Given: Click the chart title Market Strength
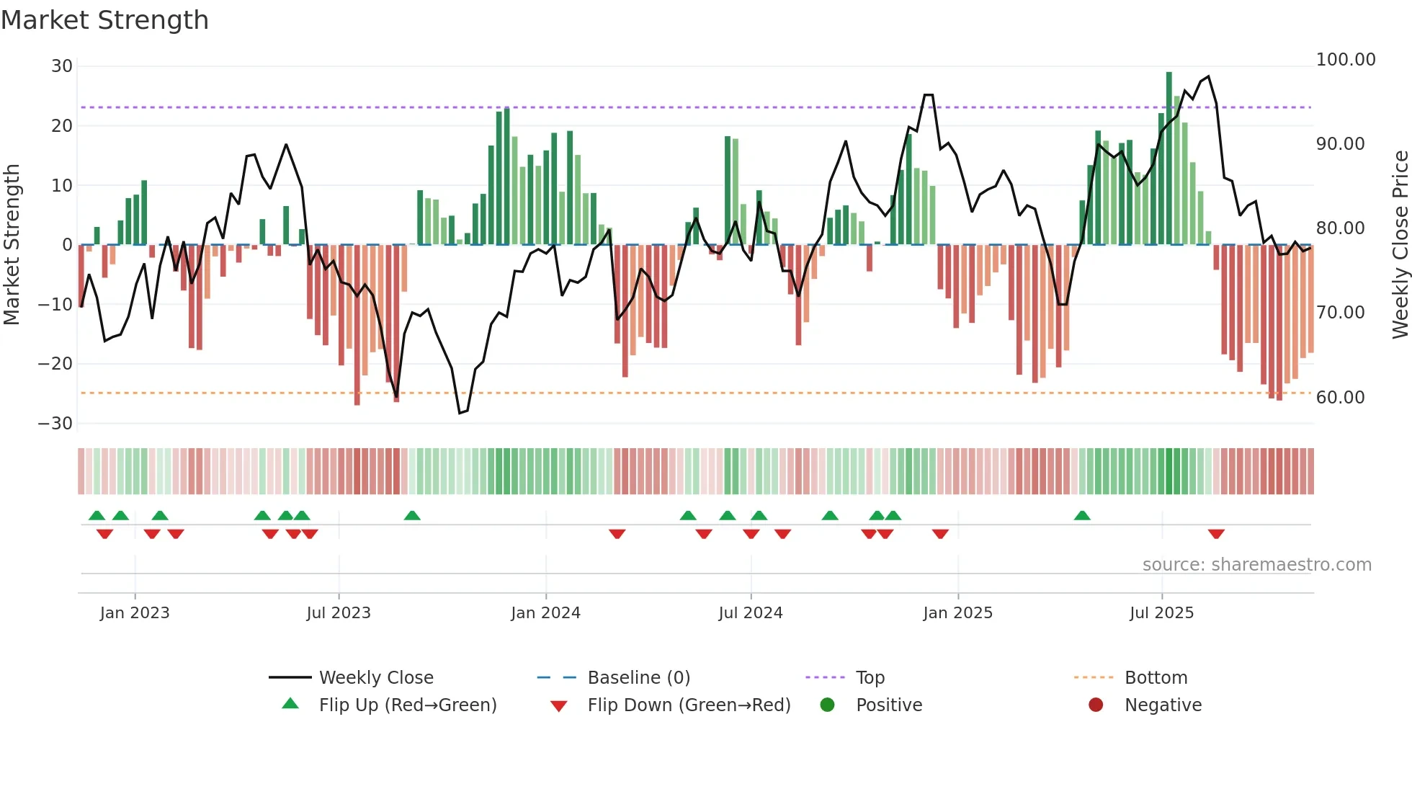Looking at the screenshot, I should coord(104,20).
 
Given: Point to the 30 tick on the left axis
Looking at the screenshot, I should coord(62,66).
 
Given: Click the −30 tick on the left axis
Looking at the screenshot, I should coord(55,424).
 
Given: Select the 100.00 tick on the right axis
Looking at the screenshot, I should coord(1345,60).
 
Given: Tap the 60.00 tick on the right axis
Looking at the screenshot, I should coord(1340,398).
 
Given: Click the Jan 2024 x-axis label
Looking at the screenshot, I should coord(545,613).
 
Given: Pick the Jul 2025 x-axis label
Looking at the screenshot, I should coord(1161,613).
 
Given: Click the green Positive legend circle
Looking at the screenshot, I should coord(827,705).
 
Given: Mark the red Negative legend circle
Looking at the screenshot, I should coord(1096,705).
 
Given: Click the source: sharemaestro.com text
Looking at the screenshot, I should coord(1256,565).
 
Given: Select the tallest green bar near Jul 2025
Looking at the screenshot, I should coord(1169,159).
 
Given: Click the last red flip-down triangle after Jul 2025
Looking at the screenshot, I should coord(1216,534).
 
